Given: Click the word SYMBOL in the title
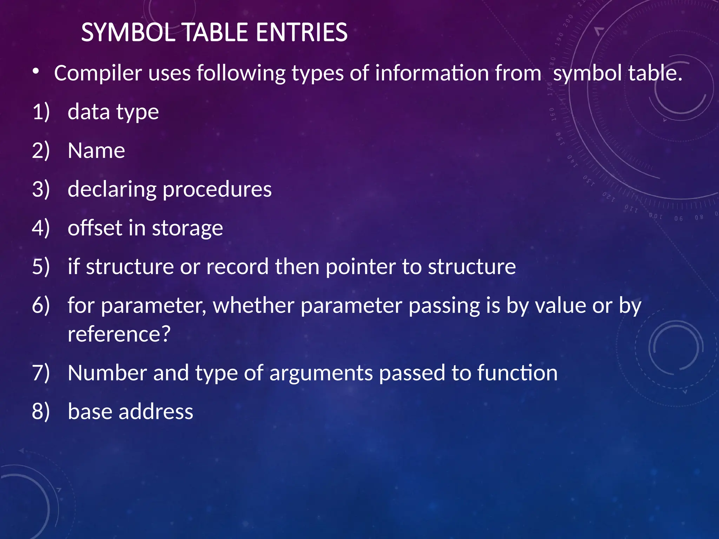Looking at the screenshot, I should [128, 33].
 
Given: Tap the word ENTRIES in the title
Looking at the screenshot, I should [302, 33].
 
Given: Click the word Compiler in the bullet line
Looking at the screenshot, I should [98, 73].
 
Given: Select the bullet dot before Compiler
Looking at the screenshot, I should [35, 71].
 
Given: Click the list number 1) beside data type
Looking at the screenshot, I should [41, 112].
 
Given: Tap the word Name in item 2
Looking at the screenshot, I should [96, 151].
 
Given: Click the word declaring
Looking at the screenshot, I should [112, 189].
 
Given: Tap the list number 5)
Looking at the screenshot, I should [41, 267].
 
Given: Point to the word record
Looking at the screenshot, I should [237, 267].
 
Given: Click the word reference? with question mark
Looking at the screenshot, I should [119, 334].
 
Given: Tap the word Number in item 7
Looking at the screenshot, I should [107, 373].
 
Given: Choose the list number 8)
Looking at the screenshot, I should [41, 412].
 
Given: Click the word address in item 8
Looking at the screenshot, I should [156, 412].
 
